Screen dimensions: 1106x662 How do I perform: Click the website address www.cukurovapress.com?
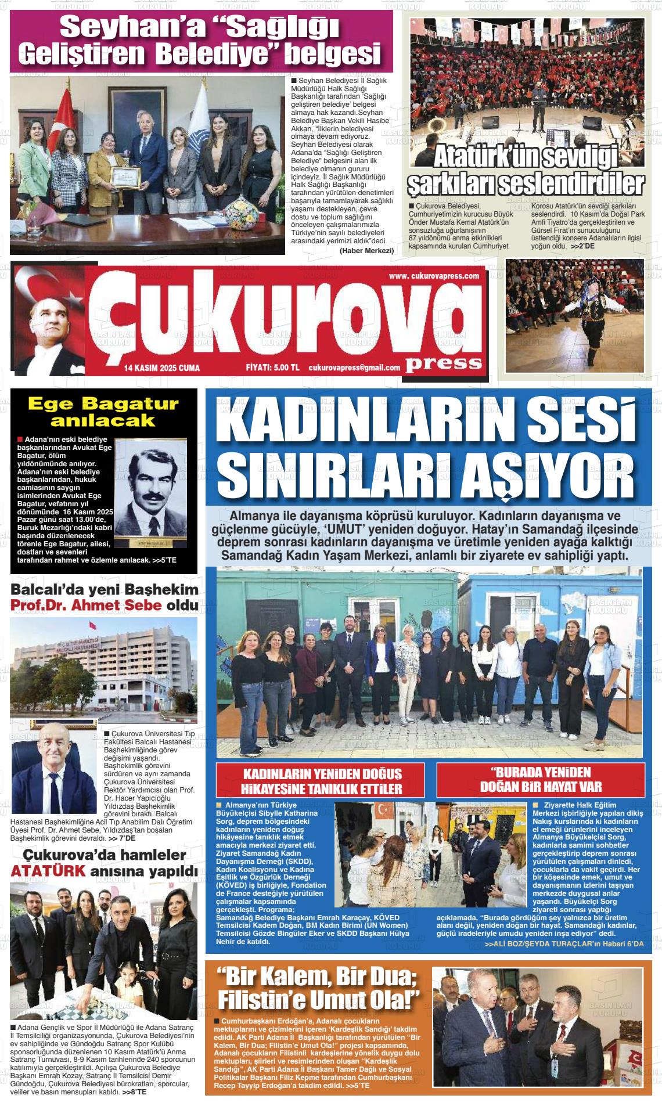point(434,276)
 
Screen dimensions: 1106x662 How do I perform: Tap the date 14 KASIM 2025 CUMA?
point(161,368)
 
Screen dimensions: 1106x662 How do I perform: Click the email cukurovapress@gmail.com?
point(354,368)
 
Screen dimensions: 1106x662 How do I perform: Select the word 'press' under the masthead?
point(444,363)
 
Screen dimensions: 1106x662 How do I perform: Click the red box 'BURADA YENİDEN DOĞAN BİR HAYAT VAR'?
point(541,780)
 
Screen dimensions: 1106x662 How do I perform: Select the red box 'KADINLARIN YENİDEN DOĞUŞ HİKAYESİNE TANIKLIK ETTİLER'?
point(322,781)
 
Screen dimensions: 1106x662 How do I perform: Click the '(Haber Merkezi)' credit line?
point(366,250)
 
